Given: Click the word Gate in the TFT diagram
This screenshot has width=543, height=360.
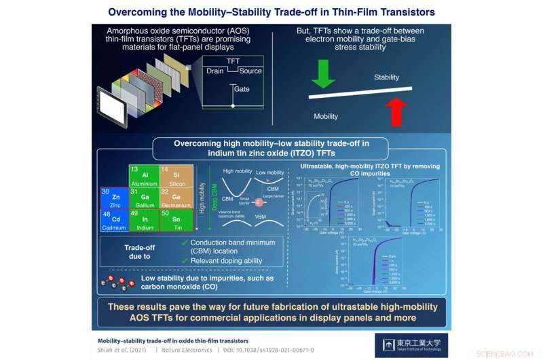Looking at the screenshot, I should tap(242, 89).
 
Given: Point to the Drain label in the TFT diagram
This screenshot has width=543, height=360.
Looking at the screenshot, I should tap(217, 71).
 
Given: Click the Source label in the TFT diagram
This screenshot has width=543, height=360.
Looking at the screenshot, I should tap(250, 71).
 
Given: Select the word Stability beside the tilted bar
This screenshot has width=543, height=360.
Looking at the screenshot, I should tap(386, 77).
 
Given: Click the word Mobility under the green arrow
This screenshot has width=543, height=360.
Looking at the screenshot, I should tap(326, 116).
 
